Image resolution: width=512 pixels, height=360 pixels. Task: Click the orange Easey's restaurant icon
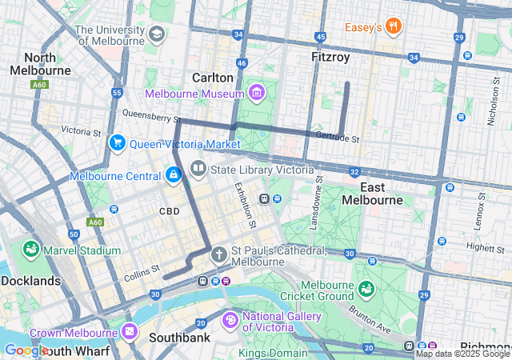tap(392, 27)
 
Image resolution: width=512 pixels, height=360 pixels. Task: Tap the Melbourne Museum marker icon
tap(256, 94)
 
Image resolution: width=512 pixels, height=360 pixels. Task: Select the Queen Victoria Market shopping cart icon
tap(117, 143)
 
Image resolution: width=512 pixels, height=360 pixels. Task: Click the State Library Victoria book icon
tap(197, 170)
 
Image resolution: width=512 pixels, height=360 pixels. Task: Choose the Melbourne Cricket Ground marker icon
tap(366, 288)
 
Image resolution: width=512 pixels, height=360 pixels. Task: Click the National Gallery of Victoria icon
tap(230, 320)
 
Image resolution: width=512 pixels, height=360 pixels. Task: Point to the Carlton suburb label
tap(213, 78)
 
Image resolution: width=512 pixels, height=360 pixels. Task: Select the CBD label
tap(169, 211)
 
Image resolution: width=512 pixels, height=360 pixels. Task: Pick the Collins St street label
tap(142, 274)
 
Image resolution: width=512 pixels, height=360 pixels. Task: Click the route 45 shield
tap(321, 37)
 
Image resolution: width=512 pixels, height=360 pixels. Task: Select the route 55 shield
tap(117, 93)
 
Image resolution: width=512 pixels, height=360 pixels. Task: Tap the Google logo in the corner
tap(26, 350)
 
